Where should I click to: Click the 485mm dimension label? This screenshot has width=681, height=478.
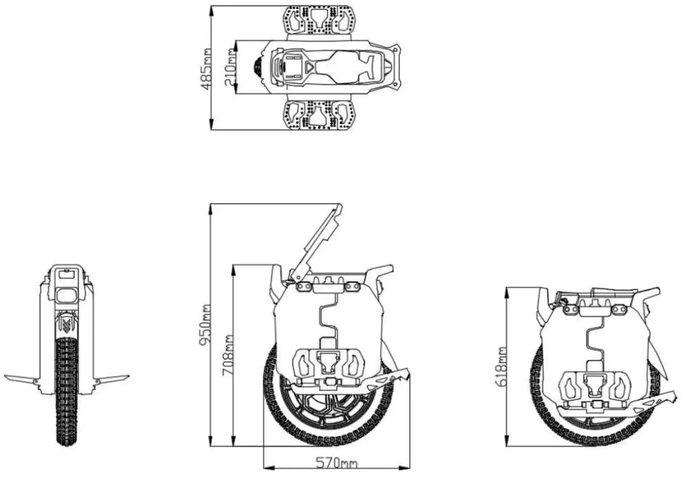(x=206, y=68)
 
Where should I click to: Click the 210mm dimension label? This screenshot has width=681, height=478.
(x=230, y=68)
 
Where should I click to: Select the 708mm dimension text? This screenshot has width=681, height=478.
(x=229, y=355)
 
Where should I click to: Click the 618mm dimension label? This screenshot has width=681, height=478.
(x=501, y=367)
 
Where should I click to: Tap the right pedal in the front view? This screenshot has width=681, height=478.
(x=111, y=379)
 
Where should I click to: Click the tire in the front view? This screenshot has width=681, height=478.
(x=66, y=393)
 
